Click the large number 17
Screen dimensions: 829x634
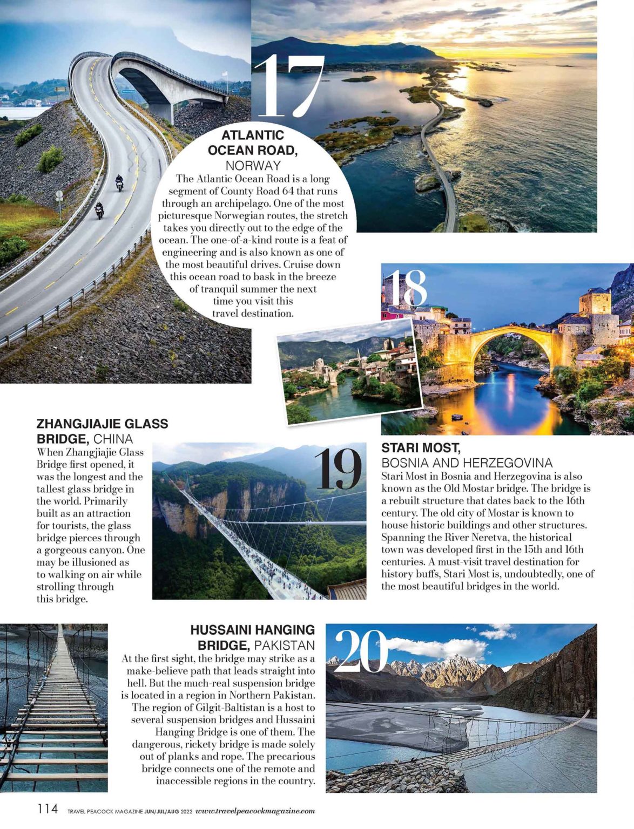[x=289, y=86]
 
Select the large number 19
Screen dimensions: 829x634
[x=339, y=469]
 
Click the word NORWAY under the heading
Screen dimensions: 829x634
[x=253, y=165]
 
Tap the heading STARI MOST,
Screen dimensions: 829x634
[x=421, y=447]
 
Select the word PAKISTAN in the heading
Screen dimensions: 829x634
[x=284, y=645]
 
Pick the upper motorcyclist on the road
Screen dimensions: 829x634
[x=119, y=183]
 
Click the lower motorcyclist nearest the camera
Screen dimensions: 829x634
[x=99, y=210]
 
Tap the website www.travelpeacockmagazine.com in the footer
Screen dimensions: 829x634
[x=255, y=811]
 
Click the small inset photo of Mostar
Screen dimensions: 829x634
[x=349, y=371]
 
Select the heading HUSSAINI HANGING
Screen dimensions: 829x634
[x=252, y=630]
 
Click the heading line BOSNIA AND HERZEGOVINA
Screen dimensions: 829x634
[x=467, y=463]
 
